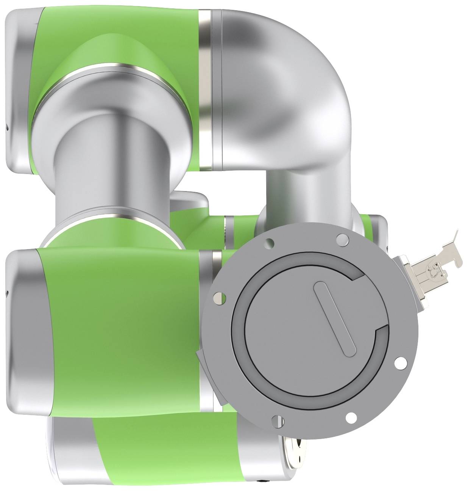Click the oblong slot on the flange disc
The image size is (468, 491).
[x=335, y=319]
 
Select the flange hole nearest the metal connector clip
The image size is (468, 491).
[x=342, y=238]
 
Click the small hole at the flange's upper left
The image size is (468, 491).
[x=269, y=242]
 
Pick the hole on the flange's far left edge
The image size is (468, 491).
[x=218, y=299]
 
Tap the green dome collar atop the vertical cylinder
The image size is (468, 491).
[x=110, y=53]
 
